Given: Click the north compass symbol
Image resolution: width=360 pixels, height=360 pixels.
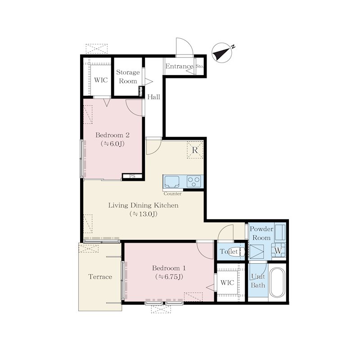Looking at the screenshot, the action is click(x=222, y=53).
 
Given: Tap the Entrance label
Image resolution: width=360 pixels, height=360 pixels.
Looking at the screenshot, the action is click(x=179, y=66).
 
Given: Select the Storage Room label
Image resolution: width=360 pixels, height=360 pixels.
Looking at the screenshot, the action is click(x=128, y=76).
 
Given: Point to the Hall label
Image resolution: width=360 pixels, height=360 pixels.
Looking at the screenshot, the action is click(x=153, y=97).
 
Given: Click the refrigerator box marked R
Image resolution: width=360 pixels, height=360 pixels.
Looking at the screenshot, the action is click(x=195, y=150).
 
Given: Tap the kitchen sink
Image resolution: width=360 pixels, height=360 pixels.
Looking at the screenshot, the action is click(x=172, y=182).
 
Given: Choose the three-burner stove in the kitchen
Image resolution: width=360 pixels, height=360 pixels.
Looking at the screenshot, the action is click(x=194, y=181).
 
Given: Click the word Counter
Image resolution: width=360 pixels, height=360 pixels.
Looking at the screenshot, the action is click(x=172, y=193).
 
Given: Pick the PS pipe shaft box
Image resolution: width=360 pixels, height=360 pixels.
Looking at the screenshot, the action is click(x=132, y=176).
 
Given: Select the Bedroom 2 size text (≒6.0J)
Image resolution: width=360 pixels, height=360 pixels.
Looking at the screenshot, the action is click(x=112, y=144).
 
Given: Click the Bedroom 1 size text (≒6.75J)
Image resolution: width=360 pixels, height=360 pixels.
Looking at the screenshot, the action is click(x=169, y=277).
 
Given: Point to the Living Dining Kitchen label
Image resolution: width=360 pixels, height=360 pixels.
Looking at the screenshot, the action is click(x=143, y=205).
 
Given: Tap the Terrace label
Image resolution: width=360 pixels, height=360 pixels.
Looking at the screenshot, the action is click(x=100, y=277).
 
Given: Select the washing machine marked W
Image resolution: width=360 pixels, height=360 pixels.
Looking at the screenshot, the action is click(x=278, y=250).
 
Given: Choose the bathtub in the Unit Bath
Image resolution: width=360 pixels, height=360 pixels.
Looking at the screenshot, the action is click(x=277, y=282).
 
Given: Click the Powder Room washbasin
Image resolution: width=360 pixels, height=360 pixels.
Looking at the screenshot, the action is click(x=280, y=232).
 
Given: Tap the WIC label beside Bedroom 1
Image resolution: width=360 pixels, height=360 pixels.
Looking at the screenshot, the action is click(x=227, y=283).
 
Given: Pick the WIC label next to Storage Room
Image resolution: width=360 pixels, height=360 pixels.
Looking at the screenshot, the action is click(x=101, y=80).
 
